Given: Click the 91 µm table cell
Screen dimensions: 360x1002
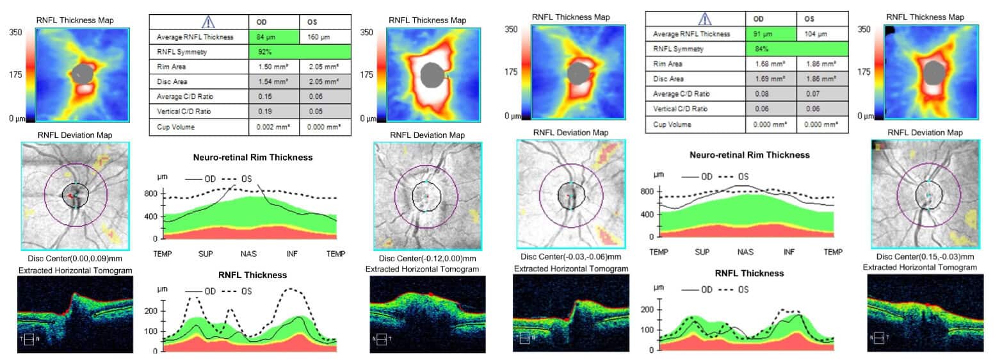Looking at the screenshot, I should (770, 33).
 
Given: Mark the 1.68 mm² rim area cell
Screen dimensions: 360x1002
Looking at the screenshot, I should (770, 63).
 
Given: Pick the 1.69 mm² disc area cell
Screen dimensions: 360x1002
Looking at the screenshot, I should (770, 79).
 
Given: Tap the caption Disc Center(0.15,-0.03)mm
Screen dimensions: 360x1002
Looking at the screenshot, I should (925, 256).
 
